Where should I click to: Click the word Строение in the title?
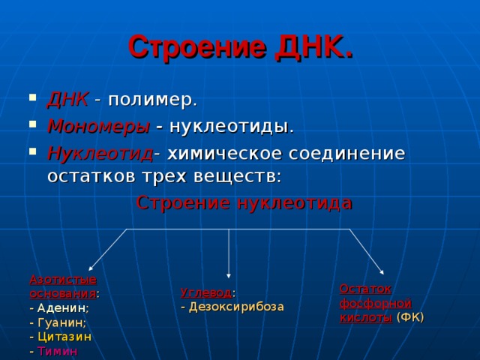point(197,46)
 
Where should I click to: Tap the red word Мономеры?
point(98,126)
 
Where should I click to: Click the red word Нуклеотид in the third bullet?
point(99,153)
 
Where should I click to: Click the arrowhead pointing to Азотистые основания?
point(91,268)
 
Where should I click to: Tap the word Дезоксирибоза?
point(236,306)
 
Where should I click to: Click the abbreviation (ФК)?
point(409,317)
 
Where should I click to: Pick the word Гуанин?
point(61,322)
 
